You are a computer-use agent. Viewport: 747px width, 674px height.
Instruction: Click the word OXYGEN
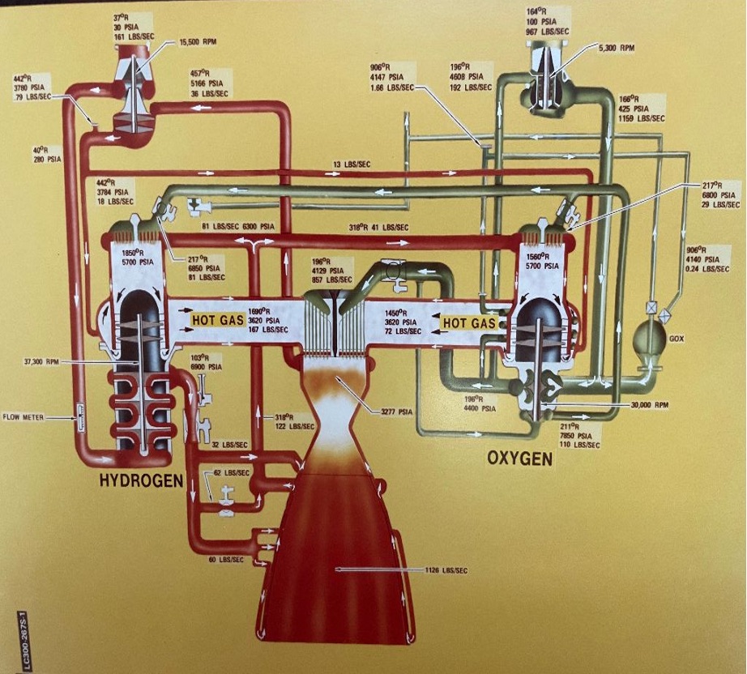pyautogui.click(x=519, y=459)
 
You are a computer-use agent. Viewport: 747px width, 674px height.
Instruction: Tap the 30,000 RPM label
pyautogui.click(x=649, y=404)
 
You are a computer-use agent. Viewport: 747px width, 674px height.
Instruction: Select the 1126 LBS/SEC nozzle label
pyautogui.click(x=446, y=571)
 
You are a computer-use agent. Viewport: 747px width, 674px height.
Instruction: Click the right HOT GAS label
pyautogui.click(x=468, y=323)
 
